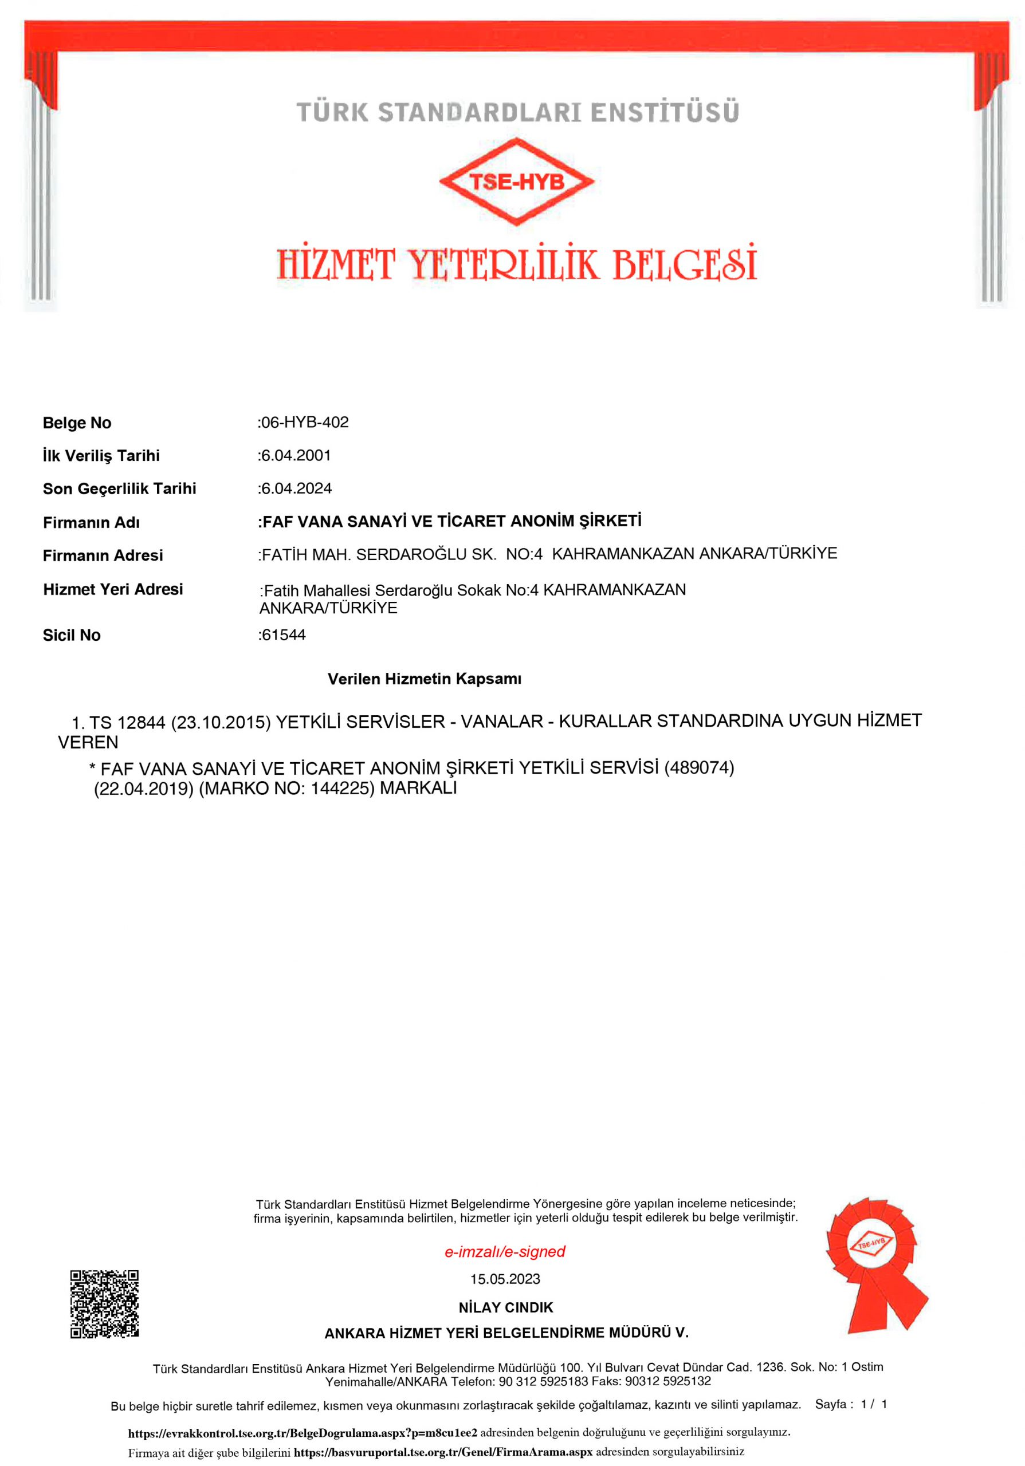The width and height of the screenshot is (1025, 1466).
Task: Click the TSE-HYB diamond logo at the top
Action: [x=516, y=182]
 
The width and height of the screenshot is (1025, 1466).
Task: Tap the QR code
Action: [x=104, y=1303]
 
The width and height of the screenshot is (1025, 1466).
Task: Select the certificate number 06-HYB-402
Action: [x=305, y=422]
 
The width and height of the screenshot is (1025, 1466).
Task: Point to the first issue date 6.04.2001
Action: [x=296, y=455]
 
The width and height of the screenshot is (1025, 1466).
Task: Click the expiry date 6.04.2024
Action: [x=296, y=488]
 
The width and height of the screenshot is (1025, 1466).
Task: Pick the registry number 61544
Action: [x=284, y=635]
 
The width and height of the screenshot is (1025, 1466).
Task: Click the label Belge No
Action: [x=77, y=423]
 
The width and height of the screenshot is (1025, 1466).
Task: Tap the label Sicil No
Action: [x=72, y=635]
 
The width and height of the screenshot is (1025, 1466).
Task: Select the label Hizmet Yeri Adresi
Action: [x=113, y=589]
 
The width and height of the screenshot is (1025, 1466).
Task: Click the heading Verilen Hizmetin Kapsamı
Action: [x=424, y=679]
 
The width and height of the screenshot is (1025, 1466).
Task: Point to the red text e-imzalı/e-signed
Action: [x=505, y=1251]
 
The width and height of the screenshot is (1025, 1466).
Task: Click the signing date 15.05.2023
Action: [x=505, y=1279]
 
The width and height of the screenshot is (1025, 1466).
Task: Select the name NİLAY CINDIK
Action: [x=506, y=1307]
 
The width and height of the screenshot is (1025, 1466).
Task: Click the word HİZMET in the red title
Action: [x=336, y=265]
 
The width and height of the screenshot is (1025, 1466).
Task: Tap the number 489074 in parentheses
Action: [x=700, y=767]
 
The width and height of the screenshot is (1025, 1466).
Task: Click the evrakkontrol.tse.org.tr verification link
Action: [x=303, y=1432]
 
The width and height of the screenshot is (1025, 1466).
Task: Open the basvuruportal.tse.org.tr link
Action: [x=443, y=1452]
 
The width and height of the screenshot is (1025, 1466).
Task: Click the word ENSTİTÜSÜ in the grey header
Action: [x=665, y=112]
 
